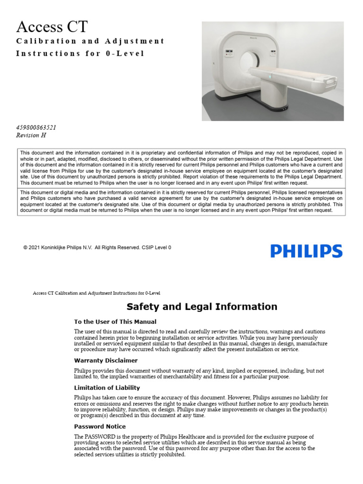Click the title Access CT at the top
pos(52,26)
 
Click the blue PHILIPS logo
pos(306,251)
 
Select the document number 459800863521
pos(40,128)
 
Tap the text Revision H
pos(31,135)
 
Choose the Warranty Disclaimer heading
pos(106,361)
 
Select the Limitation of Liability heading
pos(107,388)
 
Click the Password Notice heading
pos(100,426)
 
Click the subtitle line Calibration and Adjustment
pos(90,41)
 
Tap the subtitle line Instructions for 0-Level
pos(80,53)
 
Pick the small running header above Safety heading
pos(96,293)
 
